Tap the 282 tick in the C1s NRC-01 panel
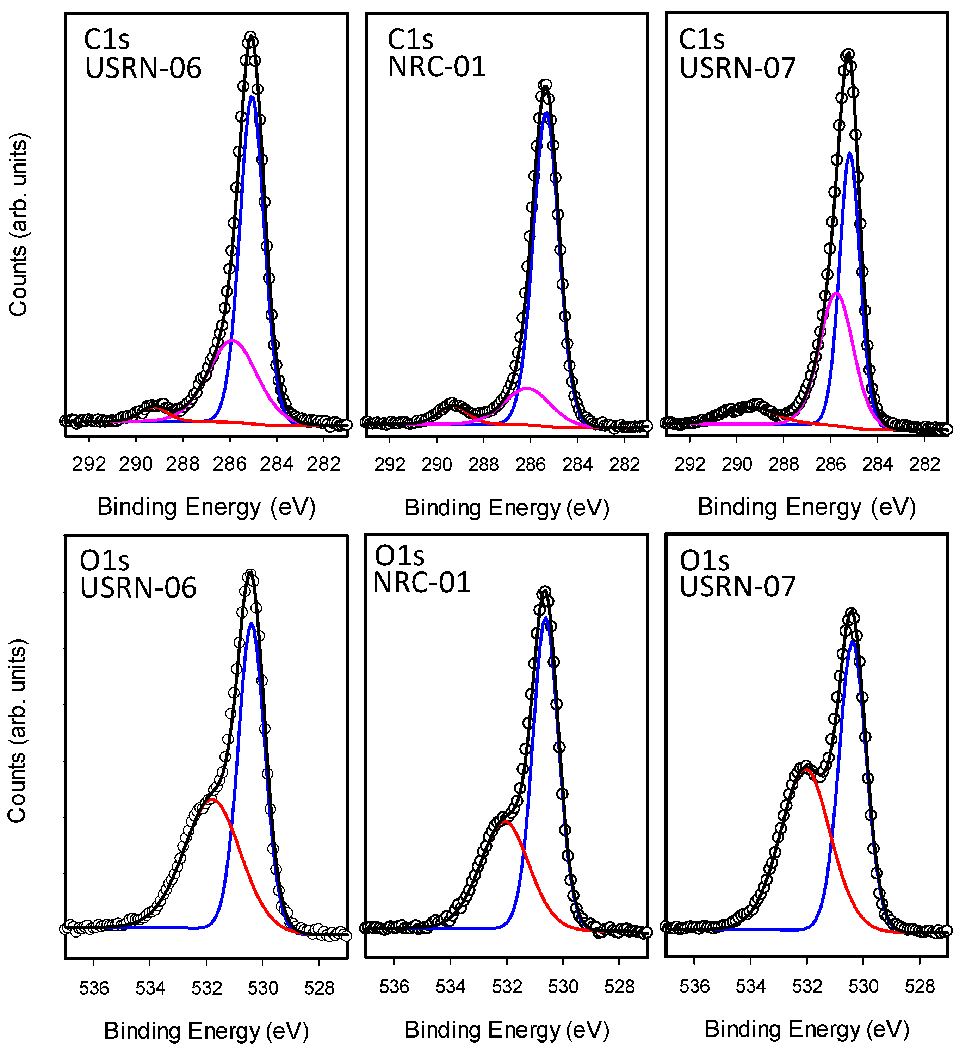click(624, 464)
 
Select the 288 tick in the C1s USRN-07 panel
click(783, 464)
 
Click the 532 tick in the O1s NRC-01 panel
click(507, 986)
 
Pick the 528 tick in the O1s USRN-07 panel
click(919, 986)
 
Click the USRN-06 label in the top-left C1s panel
click(143, 68)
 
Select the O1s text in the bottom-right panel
click(704, 561)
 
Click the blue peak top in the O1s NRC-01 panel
click(546, 618)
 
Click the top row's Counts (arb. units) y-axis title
click(18, 225)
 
